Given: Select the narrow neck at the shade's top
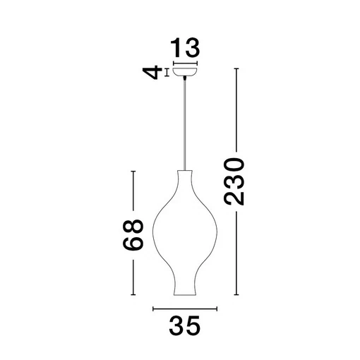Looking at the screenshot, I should [x=186, y=174].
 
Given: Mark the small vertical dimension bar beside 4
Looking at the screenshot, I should [x=167, y=72].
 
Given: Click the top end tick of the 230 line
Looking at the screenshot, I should [x=236, y=68].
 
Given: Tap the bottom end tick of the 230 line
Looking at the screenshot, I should [x=236, y=295].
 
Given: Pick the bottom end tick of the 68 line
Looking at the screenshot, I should [x=133, y=295].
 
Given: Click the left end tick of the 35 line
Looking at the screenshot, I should [x=153, y=308].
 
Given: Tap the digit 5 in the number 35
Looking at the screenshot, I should [x=195, y=327].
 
